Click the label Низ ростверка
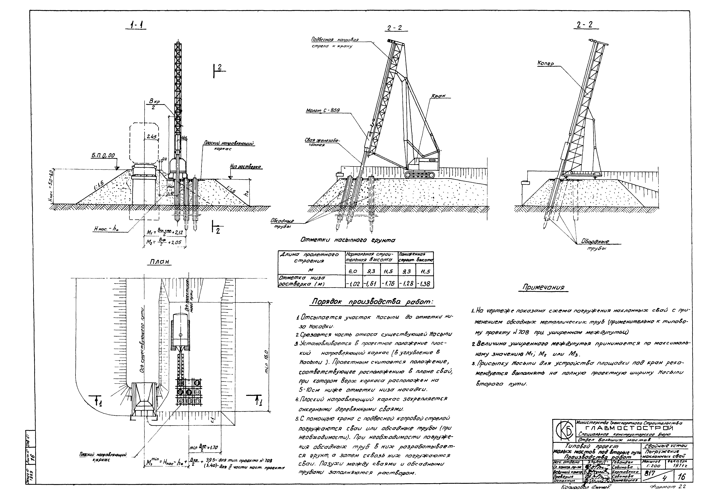[x=246, y=167]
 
